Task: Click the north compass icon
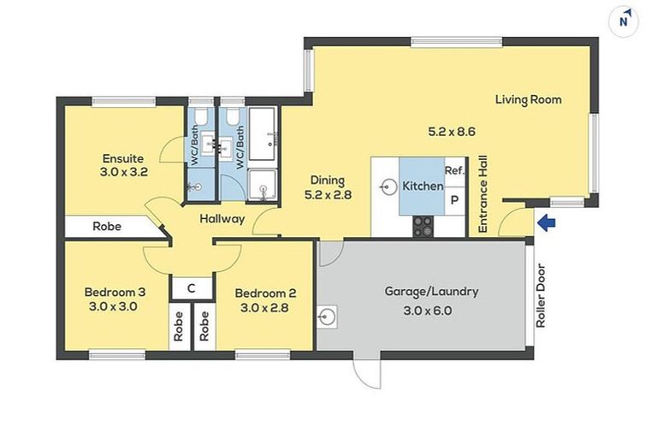pyautogui.click(x=624, y=21)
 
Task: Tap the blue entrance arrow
pyautogui.click(x=547, y=222)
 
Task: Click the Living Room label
pyautogui.click(x=529, y=100)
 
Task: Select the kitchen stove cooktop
pyautogui.click(x=423, y=227)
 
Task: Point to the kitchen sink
pyautogui.click(x=389, y=187)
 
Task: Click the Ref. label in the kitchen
pyautogui.click(x=454, y=170)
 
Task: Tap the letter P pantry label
pyautogui.click(x=454, y=200)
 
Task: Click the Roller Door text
pyautogui.click(x=541, y=295)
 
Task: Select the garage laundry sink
pyautogui.click(x=327, y=317)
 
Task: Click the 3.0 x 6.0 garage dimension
pyautogui.click(x=428, y=311)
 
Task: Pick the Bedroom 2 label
pyautogui.click(x=266, y=293)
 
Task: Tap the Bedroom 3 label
pyautogui.click(x=115, y=292)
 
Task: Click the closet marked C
pyautogui.click(x=192, y=288)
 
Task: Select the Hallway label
pyautogui.click(x=222, y=219)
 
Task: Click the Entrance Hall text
pyautogui.click(x=482, y=194)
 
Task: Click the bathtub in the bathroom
pyautogui.click(x=263, y=133)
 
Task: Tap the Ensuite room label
pyautogui.click(x=123, y=158)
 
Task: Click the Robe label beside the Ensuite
pyautogui.click(x=107, y=227)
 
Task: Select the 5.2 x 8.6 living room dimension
pyautogui.click(x=452, y=132)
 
